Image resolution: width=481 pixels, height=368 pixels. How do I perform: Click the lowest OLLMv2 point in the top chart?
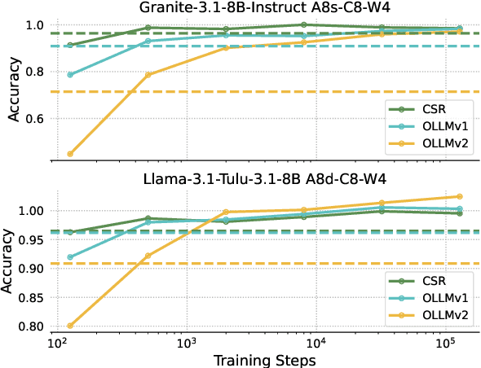[70, 154]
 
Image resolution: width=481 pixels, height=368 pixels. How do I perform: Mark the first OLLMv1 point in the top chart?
[70, 75]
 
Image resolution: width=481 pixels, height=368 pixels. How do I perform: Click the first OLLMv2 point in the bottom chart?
[70, 326]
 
